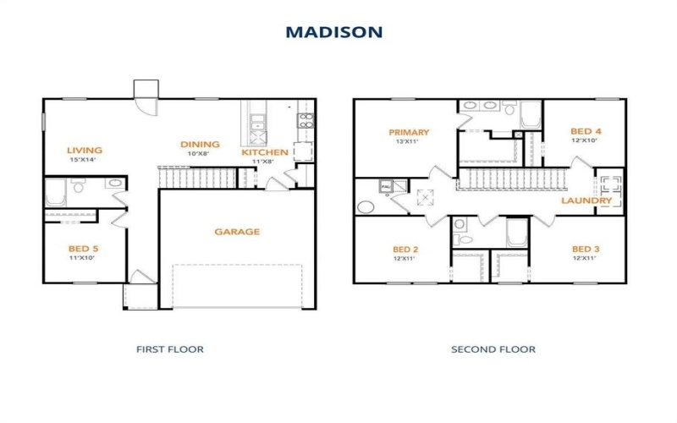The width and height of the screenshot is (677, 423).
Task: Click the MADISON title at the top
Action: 333,32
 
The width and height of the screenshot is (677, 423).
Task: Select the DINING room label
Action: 200,145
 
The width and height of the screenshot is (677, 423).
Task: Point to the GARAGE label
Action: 237,232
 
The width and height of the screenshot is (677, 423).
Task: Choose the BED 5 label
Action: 83,249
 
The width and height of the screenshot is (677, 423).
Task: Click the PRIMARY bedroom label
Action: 409,132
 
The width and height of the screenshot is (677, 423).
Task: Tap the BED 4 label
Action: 586,131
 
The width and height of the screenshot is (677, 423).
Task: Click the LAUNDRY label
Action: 586,201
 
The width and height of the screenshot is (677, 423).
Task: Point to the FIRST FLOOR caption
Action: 170,349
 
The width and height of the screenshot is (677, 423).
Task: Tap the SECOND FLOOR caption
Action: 493,349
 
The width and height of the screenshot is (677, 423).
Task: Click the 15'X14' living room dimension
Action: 83,159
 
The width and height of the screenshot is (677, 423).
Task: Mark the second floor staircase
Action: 511,179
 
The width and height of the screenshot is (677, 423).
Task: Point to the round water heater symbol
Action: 366,206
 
